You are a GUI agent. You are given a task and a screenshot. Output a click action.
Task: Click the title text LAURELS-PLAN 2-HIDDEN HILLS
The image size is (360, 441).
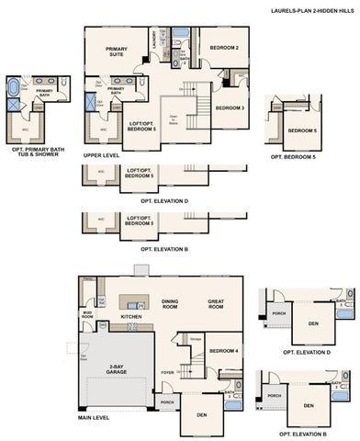point(310,11)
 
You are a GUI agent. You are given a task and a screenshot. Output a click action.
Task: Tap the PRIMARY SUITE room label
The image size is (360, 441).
point(117,54)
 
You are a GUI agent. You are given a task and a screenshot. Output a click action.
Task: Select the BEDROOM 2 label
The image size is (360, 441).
point(223,47)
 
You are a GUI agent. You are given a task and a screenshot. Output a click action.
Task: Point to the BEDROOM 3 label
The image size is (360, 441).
point(229,107)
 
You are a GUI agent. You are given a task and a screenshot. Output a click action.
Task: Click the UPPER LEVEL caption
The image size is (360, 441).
point(99,155)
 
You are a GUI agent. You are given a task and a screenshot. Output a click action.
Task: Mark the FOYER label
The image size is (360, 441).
point(167,372)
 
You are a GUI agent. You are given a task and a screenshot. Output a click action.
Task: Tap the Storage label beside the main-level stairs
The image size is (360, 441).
point(196,339)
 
